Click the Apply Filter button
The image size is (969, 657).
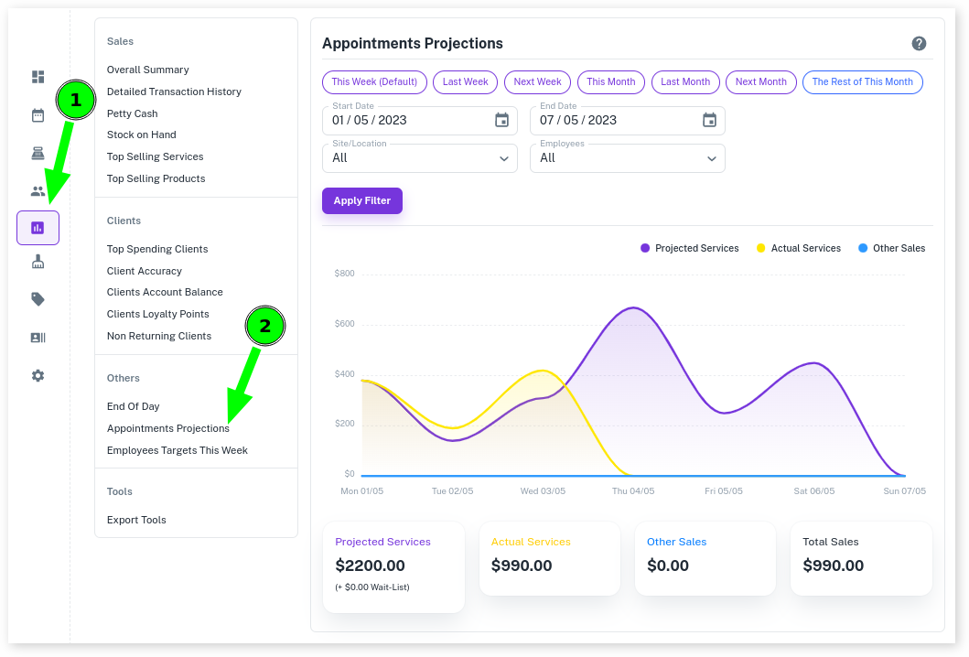click(361, 200)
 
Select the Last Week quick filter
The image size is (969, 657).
click(465, 82)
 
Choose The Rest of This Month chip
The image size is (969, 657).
click(862, 82)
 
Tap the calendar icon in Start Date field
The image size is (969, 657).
click(501, 120)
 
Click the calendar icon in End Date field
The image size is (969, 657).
click(709, 120)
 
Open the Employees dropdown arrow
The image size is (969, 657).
click(712, 158)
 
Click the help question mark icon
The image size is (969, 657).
click(919, 44)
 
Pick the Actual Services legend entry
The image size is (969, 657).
click(799, 248)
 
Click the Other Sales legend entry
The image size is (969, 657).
click(892, 248)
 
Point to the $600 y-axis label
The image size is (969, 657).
click(345, 324)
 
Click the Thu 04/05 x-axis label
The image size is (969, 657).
click(633, 491)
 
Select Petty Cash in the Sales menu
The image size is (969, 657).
click(132, 113)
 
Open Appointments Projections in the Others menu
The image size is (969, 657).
click(167, 428)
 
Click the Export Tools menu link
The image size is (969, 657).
click(136, 520)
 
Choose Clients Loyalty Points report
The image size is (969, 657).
click(157, 314)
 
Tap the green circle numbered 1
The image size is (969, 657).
click(76, 101)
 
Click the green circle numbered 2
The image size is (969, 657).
click(265, 326)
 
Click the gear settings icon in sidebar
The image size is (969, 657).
click(38, 376)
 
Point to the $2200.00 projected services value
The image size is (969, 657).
click(370, 565)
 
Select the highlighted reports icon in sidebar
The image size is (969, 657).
click(38, 228)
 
